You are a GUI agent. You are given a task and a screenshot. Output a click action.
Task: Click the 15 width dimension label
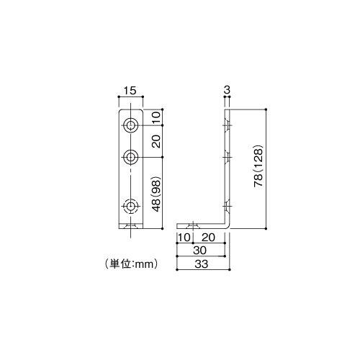[x=130, y=91]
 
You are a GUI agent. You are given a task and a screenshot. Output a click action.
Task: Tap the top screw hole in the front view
[x=131, y=125]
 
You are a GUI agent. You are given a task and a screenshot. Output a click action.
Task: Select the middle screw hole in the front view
[x=131, y=156]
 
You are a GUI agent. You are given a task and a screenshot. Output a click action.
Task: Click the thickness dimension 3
[x=227, y=90]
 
